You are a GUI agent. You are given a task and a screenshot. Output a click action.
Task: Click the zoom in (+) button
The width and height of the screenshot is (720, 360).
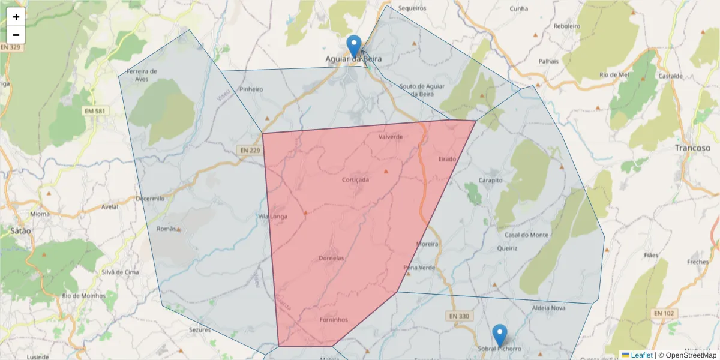coord(16,17)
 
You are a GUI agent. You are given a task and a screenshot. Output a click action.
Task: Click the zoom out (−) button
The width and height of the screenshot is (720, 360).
coord(16,35)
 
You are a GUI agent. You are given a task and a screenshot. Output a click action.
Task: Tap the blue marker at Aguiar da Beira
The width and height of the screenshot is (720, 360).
coord(355,46)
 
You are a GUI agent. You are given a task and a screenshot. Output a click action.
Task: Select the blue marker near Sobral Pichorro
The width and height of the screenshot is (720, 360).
coord(499,335)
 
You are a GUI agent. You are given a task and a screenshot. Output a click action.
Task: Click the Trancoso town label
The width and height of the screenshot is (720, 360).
coord(692,148)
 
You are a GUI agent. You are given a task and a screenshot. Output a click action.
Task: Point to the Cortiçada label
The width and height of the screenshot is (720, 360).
coord(355,179)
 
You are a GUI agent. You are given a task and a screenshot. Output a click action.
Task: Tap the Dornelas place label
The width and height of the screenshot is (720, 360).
coord(331,258)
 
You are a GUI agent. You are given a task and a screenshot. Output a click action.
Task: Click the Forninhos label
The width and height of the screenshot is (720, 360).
coord(334,319)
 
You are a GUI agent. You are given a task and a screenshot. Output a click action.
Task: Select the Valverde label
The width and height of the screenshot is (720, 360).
coord(391,137)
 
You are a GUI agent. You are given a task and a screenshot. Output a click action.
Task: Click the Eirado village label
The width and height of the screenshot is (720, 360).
coord(447,159)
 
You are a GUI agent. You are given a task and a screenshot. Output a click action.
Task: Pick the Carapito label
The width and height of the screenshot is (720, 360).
coord(490,180)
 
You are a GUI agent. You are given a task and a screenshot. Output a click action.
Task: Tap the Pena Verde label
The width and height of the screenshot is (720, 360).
coord(419,268)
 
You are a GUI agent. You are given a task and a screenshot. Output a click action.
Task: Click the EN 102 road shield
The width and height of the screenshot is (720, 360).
coord(664,313)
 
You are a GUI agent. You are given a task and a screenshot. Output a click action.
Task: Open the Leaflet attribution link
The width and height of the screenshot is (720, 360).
coord(641,355)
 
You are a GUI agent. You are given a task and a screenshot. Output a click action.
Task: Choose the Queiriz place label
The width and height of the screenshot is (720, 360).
coord(508,248)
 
